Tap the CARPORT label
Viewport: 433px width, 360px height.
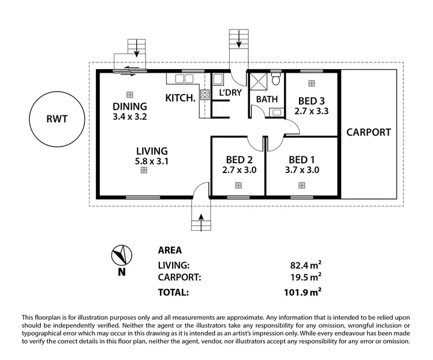[368, 132]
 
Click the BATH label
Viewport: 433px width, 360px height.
[267, 99]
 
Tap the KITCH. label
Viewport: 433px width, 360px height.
[180, 97]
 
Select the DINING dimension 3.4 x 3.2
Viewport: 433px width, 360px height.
[130, 116]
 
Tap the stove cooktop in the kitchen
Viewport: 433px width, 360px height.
[204, 95]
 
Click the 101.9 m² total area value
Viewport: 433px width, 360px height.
[304, 292]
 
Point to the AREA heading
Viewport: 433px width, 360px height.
[170, 250]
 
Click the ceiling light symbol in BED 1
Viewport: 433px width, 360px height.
[301, 185]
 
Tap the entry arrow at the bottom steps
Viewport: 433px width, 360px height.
[201, 219]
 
